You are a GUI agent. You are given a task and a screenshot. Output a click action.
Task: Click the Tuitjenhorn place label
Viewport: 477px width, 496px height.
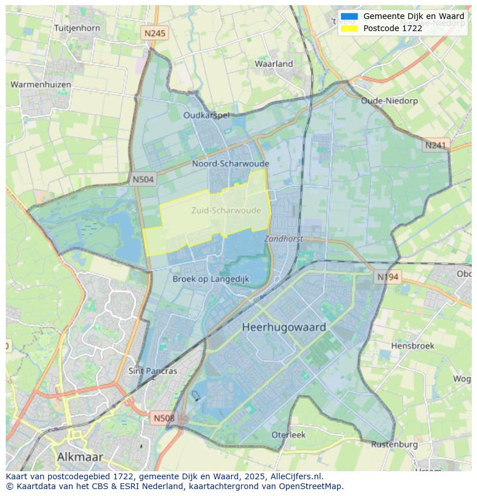coord(77,28)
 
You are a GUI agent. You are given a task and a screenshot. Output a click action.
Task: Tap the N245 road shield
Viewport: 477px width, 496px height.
coord(154,33)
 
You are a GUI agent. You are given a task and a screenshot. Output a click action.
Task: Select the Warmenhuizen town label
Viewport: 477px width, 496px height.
coord(41,84)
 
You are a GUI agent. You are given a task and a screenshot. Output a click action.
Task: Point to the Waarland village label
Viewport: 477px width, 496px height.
coord(274,63)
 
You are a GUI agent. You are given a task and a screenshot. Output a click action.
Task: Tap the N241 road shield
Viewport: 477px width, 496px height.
coord(436,145)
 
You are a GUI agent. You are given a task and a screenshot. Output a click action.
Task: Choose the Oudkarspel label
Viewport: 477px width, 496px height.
coord(206,115)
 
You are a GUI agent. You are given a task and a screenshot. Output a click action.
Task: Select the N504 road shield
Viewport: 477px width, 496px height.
coord(143,179)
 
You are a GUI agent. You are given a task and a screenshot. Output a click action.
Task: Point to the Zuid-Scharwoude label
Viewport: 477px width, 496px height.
coord(226,210)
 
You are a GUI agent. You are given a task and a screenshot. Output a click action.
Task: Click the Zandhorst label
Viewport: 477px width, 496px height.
coord(283,238)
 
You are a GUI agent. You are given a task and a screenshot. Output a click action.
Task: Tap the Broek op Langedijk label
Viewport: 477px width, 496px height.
coord(211,279)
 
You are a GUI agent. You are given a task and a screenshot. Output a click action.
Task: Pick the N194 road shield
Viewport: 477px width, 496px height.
coord(387,277)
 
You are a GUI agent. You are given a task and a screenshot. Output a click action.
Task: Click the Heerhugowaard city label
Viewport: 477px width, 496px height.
coord(284,327)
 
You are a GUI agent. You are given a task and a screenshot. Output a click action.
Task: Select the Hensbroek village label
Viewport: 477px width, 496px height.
coord(412,346)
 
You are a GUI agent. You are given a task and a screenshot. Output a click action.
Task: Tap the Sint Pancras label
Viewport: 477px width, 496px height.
coord(153,370)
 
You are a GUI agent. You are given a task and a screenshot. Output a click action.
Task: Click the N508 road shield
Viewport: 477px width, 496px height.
coord(164,418)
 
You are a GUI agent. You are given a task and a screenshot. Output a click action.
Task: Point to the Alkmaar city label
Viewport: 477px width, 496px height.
coord(80,457)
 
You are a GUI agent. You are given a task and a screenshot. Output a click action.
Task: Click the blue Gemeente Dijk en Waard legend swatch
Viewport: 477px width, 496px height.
coord(349,17)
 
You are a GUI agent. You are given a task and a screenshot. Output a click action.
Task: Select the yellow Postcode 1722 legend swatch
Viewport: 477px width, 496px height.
coord(349,28)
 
